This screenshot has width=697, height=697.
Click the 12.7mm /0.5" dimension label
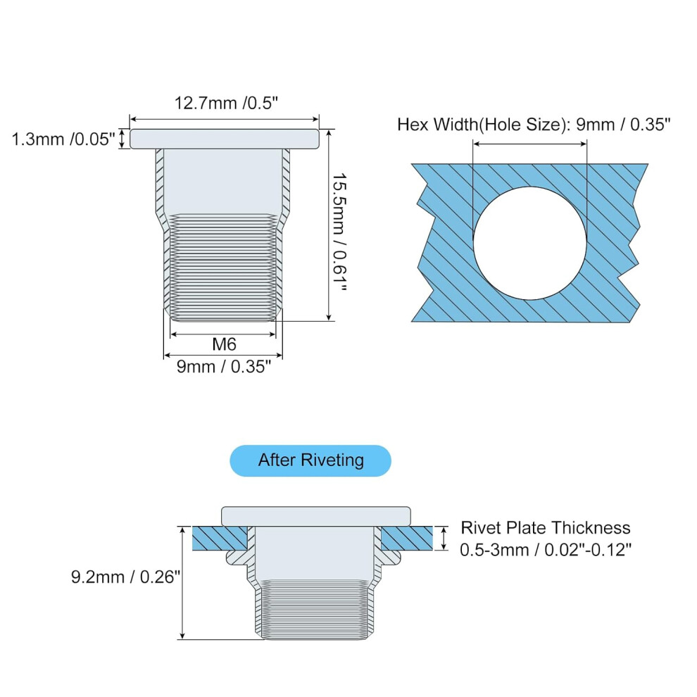pyautogui.click(x=226, y=103)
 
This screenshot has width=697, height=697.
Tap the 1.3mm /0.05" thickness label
pyautogui.click(x=63, y=139)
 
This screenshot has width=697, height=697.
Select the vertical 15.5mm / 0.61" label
pyautogui.click(x=339, y=232)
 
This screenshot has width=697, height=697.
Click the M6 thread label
pyautogui.click(x=224, y=344)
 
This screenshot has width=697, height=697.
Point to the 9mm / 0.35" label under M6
pyautogui.click(x=224, y=367)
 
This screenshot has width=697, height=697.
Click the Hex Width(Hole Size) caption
pyautogui.click(x=483, y=125)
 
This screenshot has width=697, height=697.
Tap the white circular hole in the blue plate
pyautogui.click(x=530, y=243)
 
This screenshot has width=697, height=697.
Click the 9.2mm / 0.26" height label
pyautogui.click(x=126, y=577)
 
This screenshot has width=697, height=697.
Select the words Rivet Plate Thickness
pyautogui.click(x=546, y=528)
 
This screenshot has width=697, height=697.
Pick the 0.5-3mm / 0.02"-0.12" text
pyautogui.click(x=546, y=551)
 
